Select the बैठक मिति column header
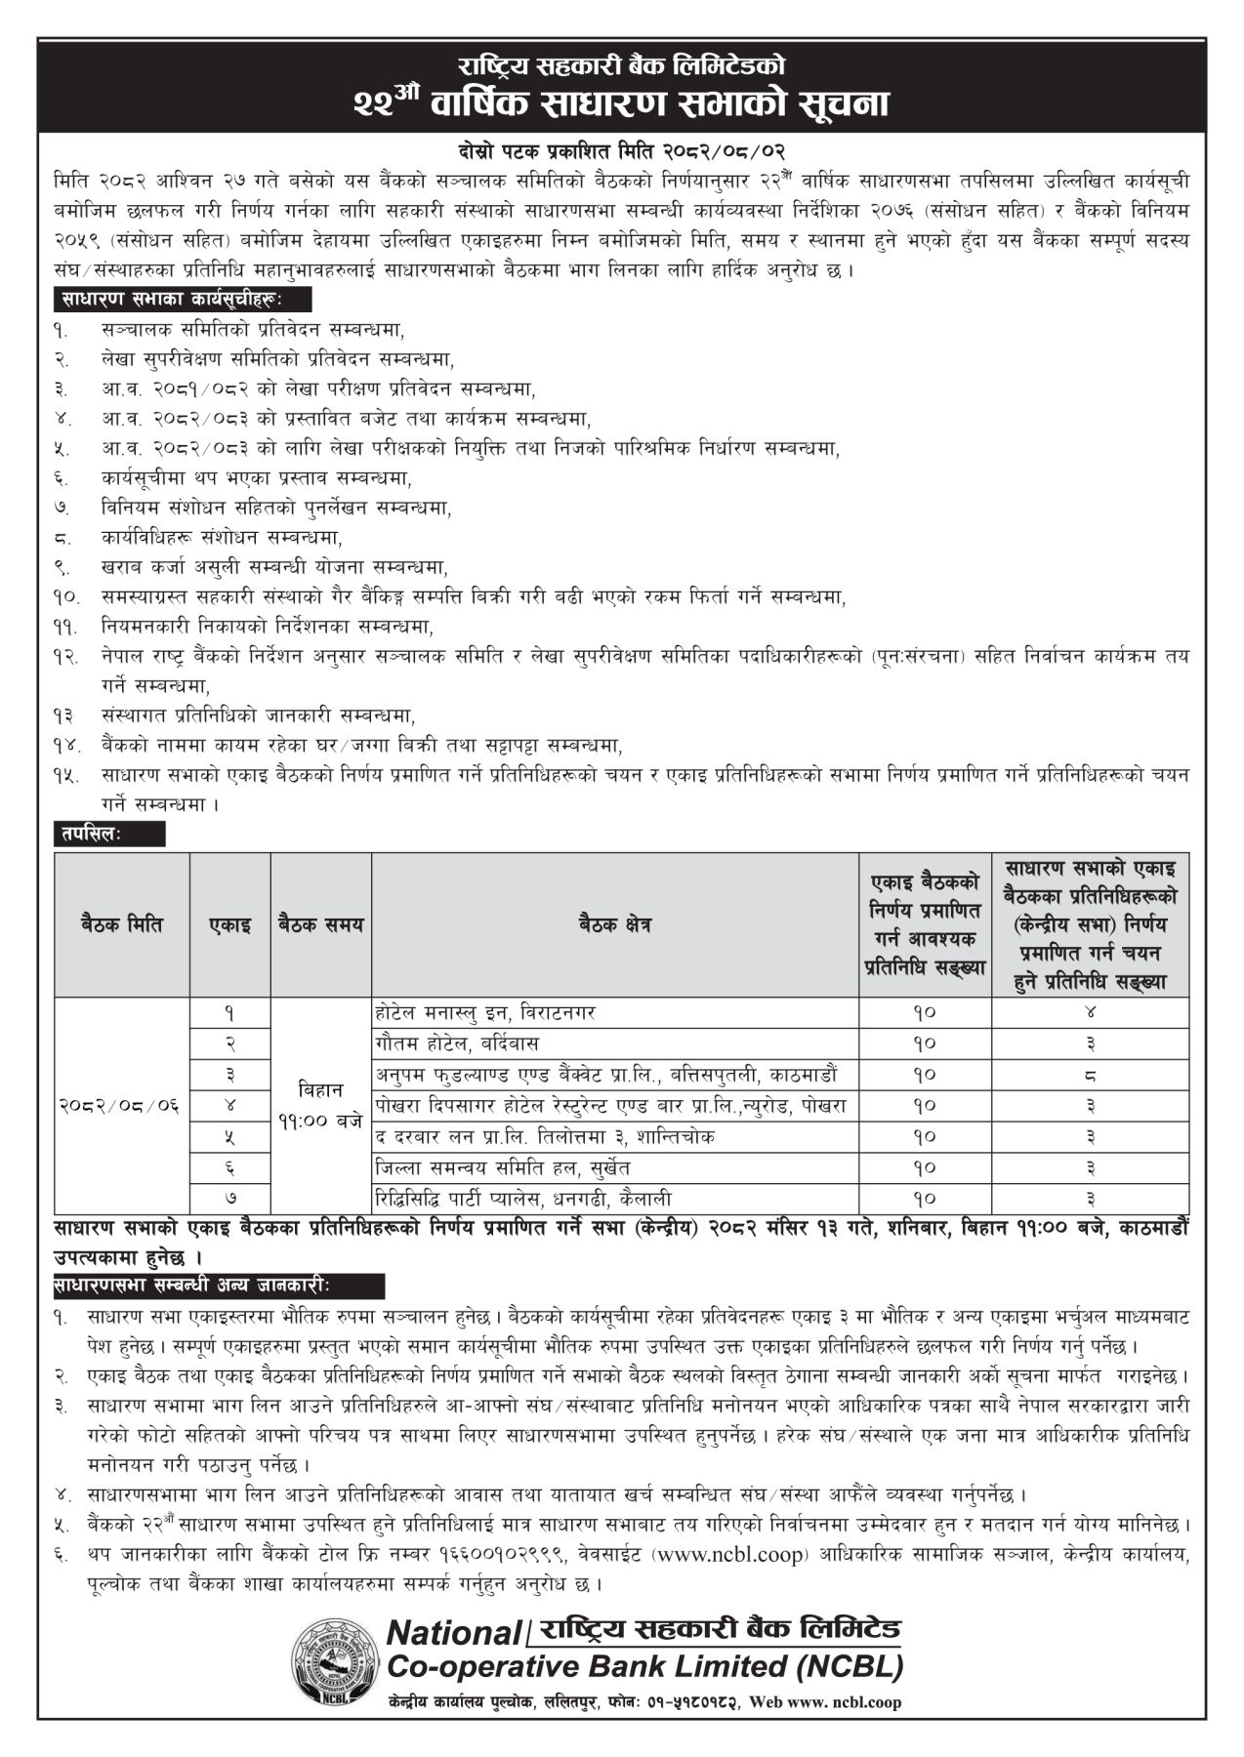point(122,924)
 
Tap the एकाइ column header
point(229,924)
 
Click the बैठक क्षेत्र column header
point(614,924)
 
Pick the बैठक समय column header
point(320,924)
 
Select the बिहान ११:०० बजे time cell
point(320,1105)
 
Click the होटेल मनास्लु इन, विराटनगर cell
point(485,1012)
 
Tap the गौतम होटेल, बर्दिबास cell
point(457,1043)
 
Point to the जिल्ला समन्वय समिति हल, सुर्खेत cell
point(503,1167)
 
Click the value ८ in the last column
point(1091,1075)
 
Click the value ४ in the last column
point(1091,1012)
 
